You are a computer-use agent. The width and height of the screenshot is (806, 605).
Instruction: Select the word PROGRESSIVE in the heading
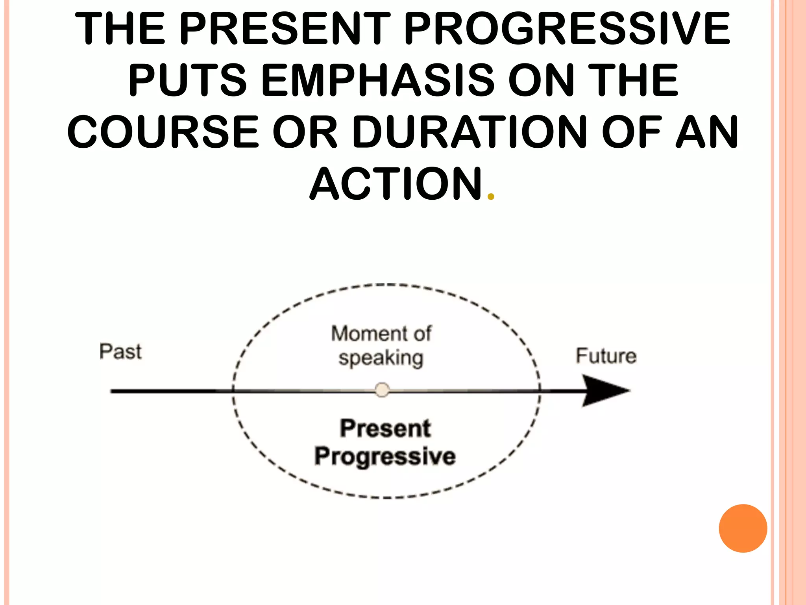(x=567, y=28)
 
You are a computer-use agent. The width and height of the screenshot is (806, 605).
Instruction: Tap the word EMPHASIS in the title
(x=377, y=80)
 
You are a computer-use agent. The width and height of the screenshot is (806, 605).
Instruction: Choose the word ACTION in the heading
(x=396, y=184)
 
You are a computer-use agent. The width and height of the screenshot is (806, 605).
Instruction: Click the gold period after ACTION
(x=490, y=196)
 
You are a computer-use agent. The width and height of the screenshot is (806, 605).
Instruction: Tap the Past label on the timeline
(x=120, y=352)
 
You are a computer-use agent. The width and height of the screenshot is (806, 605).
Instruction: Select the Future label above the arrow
(x=606, y=356)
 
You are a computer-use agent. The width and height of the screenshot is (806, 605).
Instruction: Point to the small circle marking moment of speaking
(x=382, y=390)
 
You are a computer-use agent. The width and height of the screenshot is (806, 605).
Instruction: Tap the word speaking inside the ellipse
(x=381, y=358)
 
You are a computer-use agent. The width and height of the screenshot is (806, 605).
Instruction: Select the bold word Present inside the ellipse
(x=385, y=428)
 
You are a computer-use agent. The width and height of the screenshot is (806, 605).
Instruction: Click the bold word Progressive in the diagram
(x=385, y=457)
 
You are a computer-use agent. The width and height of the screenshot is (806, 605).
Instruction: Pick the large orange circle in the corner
(x=743, y=528)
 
